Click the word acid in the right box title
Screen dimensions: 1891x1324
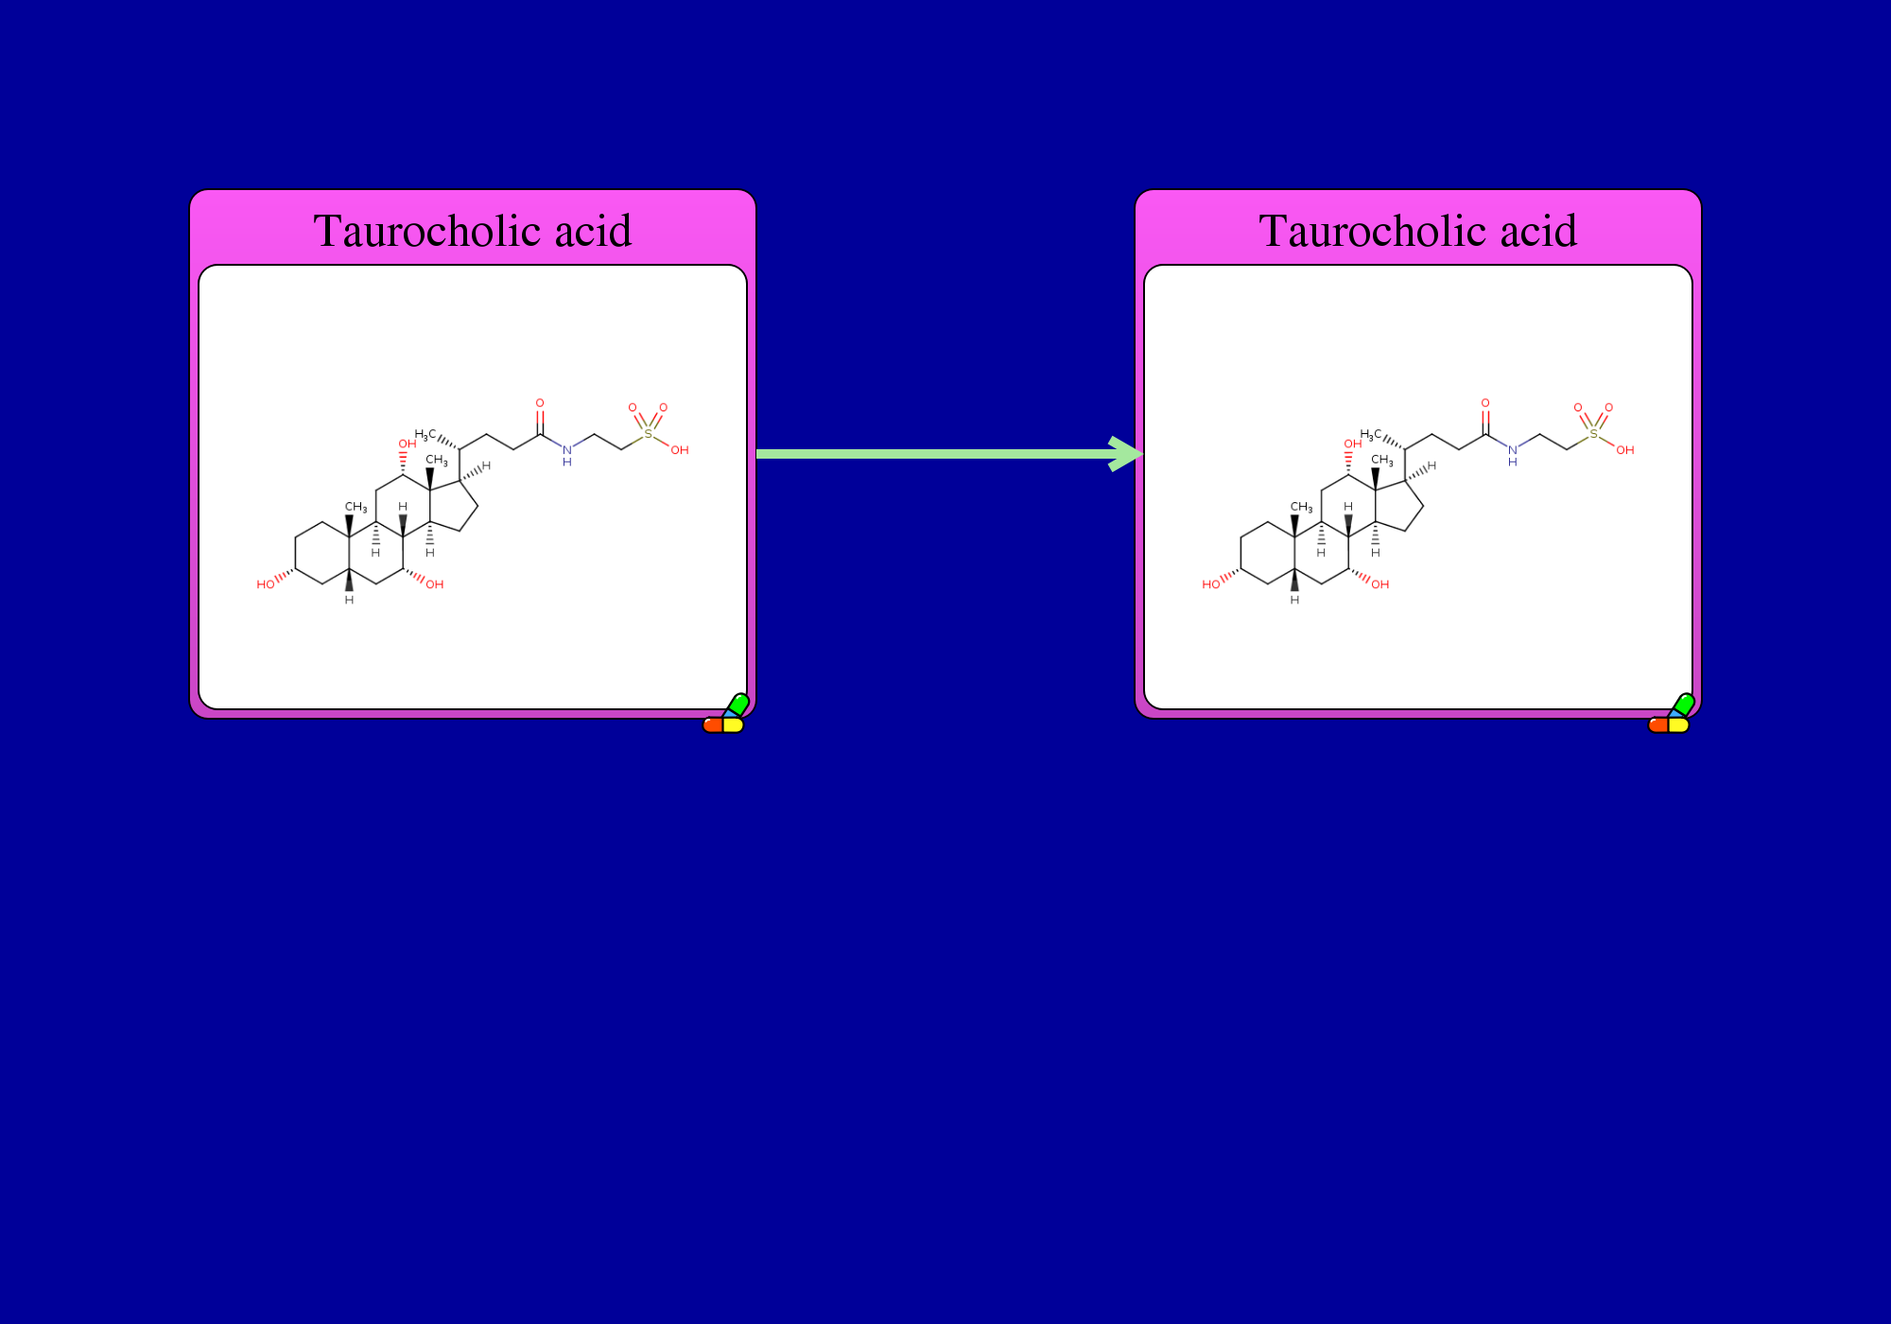[1538, 231]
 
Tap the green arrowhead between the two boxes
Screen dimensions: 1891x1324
[1126, 454]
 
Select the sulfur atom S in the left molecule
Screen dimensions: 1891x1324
[648, 433]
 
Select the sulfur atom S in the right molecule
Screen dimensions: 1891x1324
[1593, 433]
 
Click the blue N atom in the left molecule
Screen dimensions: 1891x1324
[567, 449]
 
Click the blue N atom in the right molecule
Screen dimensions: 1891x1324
[1513, 449]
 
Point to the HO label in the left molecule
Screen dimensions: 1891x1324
[266, 584]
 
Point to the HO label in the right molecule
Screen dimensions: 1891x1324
[1211, 584]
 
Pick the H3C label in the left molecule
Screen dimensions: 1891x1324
[425, 435]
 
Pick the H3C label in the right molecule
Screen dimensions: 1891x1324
[1371, 435]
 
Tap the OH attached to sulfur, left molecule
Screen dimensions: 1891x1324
[680, 450]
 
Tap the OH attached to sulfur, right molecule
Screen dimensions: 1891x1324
[1625, 450]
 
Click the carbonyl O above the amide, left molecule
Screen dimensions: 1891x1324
[540, 403]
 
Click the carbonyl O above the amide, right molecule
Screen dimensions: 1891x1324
[1485, 403]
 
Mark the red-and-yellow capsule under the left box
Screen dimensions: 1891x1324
[723, 725]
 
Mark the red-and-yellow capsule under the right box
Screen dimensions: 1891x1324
[1669, 725]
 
